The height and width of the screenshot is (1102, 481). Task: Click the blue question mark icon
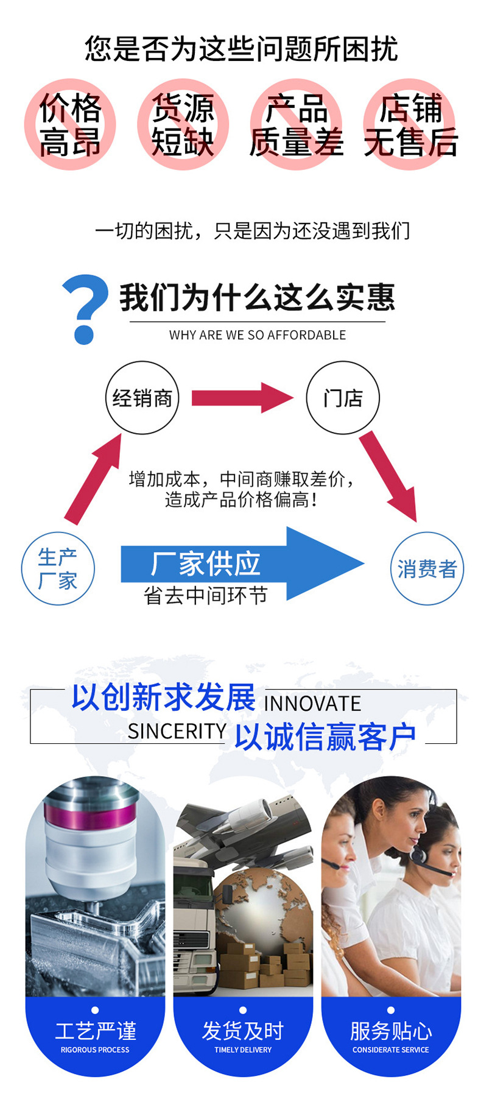(85, 308)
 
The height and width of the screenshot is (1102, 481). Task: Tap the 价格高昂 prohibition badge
(70, 124)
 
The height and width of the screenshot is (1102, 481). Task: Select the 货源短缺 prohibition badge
(183, 124)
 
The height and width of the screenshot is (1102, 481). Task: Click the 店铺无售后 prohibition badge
(410, 124)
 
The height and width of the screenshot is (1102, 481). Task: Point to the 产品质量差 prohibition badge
(297, 124)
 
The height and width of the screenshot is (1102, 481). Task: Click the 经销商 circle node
(142, 398)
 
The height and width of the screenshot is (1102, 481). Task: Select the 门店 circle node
(343, 398)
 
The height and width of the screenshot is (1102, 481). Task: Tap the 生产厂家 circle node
(58, 568)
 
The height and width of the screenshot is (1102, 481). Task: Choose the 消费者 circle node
(427, 568)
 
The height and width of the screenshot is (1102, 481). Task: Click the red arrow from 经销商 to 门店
(242, 398)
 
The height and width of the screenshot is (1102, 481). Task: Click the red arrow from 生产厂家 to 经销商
(94, 478)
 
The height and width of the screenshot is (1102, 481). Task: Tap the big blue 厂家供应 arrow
(244, 563)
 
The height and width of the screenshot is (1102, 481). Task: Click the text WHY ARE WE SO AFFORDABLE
(257, 335)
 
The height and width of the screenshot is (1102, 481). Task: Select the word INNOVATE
(312, 704)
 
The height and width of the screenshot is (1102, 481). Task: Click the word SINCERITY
(177, 731)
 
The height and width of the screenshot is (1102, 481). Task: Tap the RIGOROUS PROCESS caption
(95, 1050)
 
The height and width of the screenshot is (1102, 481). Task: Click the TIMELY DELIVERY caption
(243, 1050)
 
